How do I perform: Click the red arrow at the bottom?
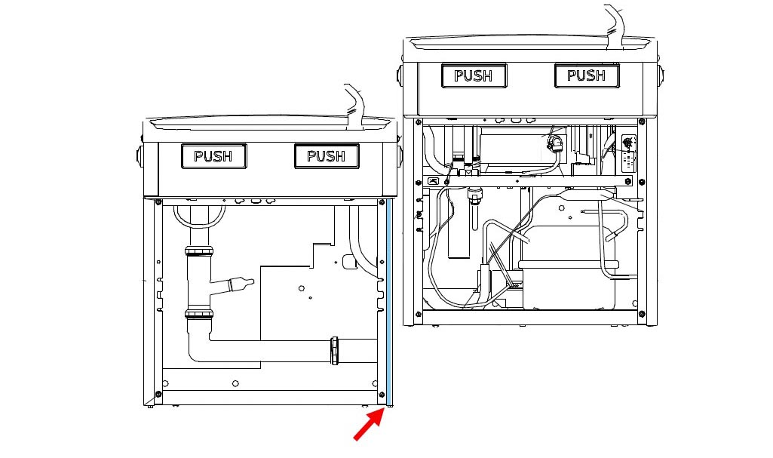(370, 423)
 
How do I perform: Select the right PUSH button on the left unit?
(327, 156)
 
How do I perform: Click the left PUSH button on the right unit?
(474, 75)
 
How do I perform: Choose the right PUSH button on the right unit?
(587, 75)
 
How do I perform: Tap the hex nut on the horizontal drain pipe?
(335, 350)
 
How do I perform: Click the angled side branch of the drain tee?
(232, 285)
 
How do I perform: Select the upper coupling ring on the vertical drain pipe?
(199, 251)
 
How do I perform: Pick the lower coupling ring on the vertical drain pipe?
(199, 314)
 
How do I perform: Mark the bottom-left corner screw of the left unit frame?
(158, 394)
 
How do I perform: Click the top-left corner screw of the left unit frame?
(158, 202)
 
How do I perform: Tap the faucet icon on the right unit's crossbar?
(434, 181)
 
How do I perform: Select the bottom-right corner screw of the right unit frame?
(642, 314)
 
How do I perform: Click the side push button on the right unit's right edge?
(661, 75)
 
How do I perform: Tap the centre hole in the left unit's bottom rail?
(235, 383)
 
